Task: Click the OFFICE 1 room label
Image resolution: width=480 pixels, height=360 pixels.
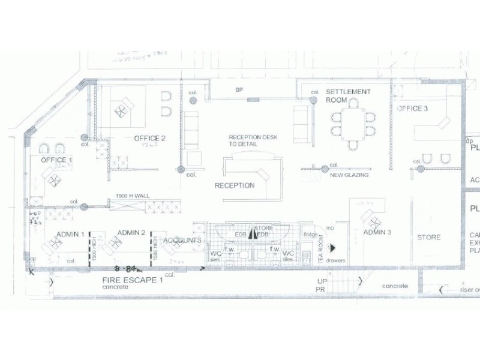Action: point(56,160)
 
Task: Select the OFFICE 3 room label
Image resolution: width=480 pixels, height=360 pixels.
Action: point(412,109)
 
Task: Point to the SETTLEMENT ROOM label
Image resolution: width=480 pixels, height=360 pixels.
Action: point(348,96)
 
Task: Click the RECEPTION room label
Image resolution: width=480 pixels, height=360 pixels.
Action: point(235,185)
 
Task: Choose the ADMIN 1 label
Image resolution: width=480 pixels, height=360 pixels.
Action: point(70,233)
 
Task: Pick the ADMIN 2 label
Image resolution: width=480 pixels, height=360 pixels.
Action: point(131,232)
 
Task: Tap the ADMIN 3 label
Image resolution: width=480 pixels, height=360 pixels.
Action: point(377,232)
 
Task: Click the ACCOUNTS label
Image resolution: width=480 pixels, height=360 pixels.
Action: point(182,241)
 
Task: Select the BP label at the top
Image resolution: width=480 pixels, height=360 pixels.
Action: point(238,90)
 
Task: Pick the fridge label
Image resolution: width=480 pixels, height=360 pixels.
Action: point(310,235)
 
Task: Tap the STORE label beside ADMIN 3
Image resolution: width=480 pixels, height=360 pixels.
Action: point(428,238)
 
